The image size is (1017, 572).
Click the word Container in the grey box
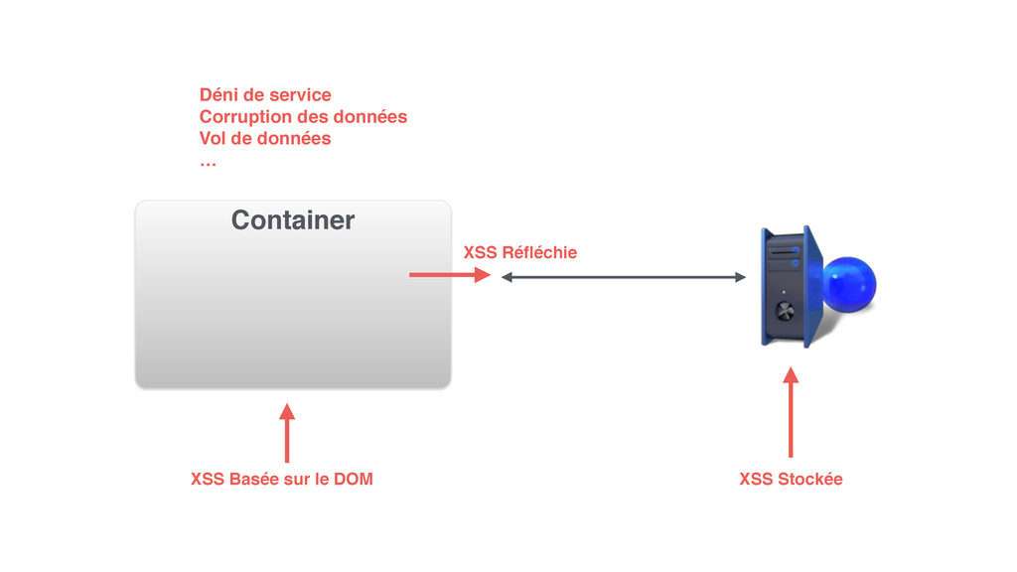tap(292, 219)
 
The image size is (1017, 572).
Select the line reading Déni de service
tap(265, 95)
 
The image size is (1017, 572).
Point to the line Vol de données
tap(265, 139)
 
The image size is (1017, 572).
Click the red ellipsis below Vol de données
tap(207, 160)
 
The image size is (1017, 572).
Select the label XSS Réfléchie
tap(519, 252)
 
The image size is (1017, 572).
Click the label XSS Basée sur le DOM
tap(281, 480)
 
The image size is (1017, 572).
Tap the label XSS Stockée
tap(791, 480)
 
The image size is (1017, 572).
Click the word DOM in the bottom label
tap(354, 480)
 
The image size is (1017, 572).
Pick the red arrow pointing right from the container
tap(449, 275)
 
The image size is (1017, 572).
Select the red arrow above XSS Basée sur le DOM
tap(287, 433)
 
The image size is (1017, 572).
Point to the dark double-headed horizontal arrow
tap(623, 278)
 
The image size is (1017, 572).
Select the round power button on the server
tap(785, 310)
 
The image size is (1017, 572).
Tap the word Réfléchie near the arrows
tap(539, 252)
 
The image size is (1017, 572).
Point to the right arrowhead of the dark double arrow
tap(740, 278)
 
